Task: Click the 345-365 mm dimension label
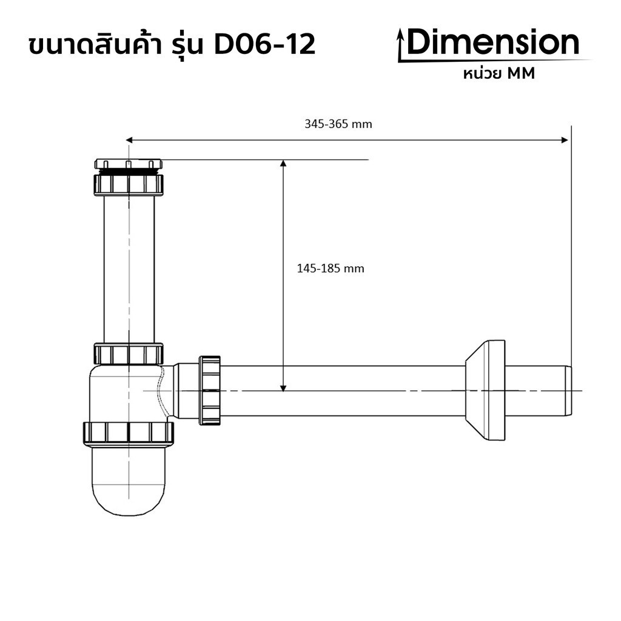pos(338,124)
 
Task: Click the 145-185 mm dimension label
pos(331,268)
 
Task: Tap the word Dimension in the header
pos(493,43)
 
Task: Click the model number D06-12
pos(265,45)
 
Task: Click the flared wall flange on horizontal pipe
pos(485,390)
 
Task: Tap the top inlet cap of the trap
pos(129,164)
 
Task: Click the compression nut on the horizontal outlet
pos(210,390)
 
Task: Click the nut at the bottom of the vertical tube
pos(129,353)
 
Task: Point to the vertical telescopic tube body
pos(129,267)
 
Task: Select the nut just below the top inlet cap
pos(129,184)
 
